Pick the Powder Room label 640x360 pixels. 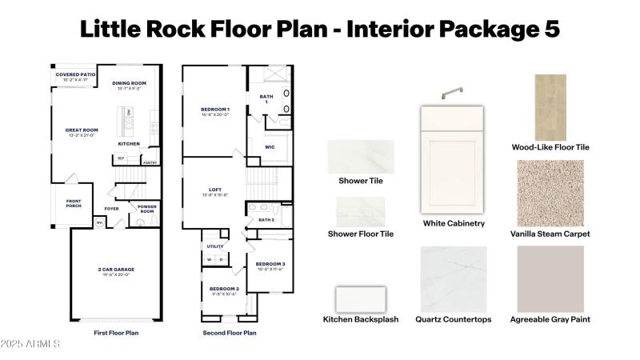(147, 209)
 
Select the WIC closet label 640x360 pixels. (270, 147)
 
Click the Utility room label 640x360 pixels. (215, 246)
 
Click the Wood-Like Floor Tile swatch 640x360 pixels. (550, 106)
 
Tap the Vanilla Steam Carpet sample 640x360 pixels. (550, 193)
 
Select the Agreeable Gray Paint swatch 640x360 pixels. (550, 278)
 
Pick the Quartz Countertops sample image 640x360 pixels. (454, 278)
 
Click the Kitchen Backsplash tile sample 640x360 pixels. (360, 298)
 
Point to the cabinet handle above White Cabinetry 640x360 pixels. (454, 93)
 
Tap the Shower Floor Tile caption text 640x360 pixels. (361, 234)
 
